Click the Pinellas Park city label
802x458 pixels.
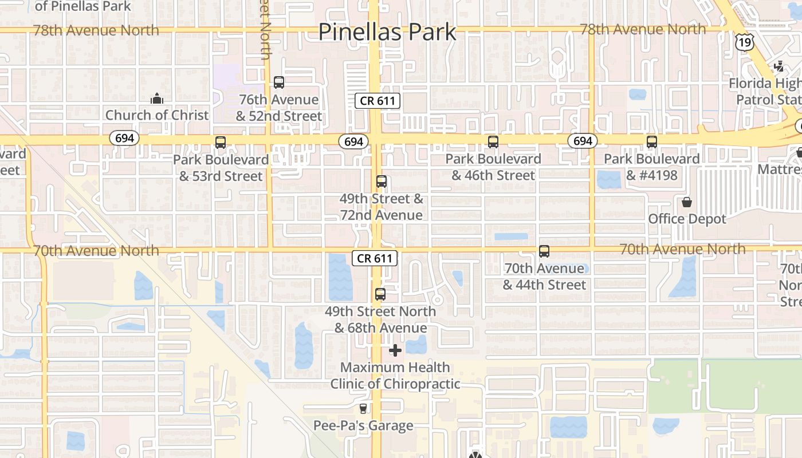[387, 32]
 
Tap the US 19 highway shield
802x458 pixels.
[744, 42]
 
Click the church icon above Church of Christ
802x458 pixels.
[157, 98]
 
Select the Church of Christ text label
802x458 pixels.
[157, 115]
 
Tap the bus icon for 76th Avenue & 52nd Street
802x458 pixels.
[279, 82]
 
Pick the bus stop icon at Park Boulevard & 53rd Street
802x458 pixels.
[221, 143]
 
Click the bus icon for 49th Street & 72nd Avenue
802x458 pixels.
[382, 181]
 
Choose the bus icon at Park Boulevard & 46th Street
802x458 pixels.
[493, 142]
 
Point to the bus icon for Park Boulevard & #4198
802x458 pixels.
[652, 142]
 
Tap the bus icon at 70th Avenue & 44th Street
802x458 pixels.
[544, 251]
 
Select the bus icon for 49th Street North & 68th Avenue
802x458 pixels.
[380, 294]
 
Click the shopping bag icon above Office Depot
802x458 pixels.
[686, 202]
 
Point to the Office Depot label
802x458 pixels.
[687, 219]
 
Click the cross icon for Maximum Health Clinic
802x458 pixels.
[395, 350]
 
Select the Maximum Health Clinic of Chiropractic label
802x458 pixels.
[395, 376]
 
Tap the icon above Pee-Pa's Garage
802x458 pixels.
[363, 409]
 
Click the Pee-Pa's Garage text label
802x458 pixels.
[363, 425]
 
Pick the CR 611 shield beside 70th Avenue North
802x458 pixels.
[375, 258]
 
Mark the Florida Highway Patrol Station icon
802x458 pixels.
[779, 67]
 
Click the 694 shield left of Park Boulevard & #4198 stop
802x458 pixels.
[583, 141]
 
